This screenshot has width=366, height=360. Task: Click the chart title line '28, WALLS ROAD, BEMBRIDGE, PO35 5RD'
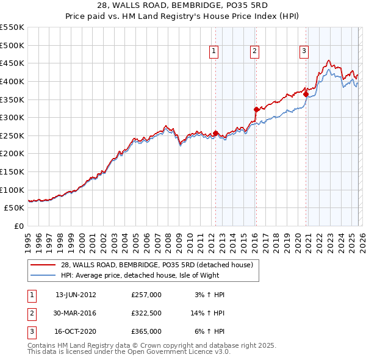182,5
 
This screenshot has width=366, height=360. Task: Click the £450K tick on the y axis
12,63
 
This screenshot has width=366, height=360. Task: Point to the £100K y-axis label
12,190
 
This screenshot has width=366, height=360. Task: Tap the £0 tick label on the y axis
18,226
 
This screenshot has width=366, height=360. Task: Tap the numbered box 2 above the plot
254,52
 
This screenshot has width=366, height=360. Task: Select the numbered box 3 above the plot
303,52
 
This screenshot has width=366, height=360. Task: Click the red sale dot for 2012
215,133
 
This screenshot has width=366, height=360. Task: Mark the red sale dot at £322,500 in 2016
256,109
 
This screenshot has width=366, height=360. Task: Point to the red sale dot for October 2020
306,94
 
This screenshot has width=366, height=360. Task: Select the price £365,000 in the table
146,331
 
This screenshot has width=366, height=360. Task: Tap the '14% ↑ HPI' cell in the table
207,313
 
